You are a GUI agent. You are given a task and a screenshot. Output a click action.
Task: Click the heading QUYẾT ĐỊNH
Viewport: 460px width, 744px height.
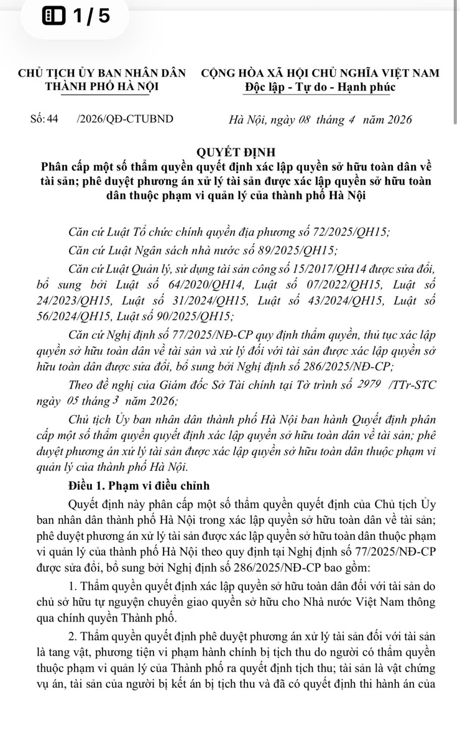(230, 152)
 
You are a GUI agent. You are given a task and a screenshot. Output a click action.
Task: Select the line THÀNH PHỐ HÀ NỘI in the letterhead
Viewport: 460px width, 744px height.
(102, 86)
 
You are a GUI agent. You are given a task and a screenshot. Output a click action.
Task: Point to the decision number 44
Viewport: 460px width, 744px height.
(52, 119)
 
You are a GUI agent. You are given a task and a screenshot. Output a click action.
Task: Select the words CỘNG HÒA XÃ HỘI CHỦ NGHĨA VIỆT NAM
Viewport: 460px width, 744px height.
(320, 72)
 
